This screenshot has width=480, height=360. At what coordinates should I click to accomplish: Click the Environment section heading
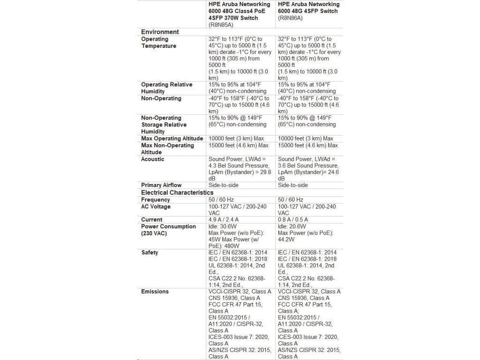point(160,32)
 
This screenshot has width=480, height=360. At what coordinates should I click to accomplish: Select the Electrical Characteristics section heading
point(177,193)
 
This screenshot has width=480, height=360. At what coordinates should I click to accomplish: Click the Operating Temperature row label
point(158,43)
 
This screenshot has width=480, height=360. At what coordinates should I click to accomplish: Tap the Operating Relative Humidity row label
point(166,88)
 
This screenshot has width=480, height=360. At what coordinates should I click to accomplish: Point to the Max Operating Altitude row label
point(172,138)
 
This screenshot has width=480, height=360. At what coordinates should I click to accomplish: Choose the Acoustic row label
point(153,159)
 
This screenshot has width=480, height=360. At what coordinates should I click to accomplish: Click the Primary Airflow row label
point(161,185)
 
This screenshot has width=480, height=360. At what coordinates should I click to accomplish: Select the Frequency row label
point(155,200)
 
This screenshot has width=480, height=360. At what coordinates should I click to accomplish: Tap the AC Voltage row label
point(156,207)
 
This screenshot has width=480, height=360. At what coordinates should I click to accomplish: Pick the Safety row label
point(150,253)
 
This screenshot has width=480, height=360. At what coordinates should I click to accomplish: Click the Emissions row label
point(155,292)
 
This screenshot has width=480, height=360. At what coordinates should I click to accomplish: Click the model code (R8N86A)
point(290,18)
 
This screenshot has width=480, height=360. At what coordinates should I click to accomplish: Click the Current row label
point(152,219)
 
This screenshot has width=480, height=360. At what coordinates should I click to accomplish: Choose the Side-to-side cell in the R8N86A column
point(292,185)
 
